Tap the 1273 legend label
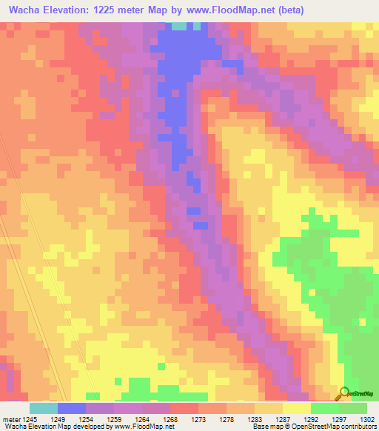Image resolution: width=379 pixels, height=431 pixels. [198, 420]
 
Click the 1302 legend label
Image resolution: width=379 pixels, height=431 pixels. [366, 420]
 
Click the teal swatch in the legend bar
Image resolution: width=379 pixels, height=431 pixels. [43, 408]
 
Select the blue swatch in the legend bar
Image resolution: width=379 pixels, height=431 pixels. [71, 408]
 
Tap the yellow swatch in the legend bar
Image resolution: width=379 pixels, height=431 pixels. [296, 408]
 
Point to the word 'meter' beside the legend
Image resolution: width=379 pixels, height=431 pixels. [11, 420]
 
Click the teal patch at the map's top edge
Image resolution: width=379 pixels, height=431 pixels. [178, 26]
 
